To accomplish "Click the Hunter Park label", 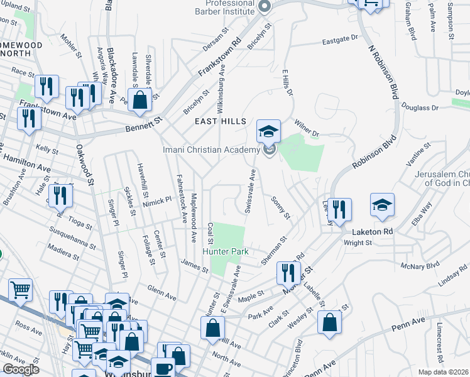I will tap(226, 251).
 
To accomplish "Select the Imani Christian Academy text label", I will tap(211, 150).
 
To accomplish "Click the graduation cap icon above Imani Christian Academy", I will tap(268, 131).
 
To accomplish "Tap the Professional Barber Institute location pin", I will tap(265, 8).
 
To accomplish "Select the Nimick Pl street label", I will tap(157, 200).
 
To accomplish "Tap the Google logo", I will tap(20, 369).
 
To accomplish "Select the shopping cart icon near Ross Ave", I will tap(20, 290).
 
